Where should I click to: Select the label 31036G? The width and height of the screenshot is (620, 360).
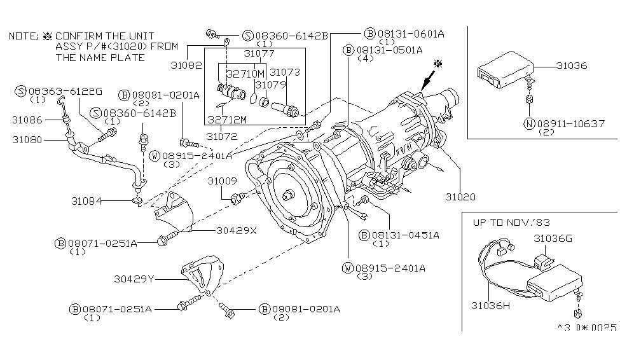553,238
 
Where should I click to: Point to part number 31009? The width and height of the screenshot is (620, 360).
220,181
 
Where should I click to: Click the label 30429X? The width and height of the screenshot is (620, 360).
235,230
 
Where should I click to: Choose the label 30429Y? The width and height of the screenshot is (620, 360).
135,278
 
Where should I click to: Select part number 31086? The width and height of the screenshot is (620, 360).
27,119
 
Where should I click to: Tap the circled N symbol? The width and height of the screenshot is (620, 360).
529,123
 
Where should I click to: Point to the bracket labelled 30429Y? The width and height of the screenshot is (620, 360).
193,277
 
